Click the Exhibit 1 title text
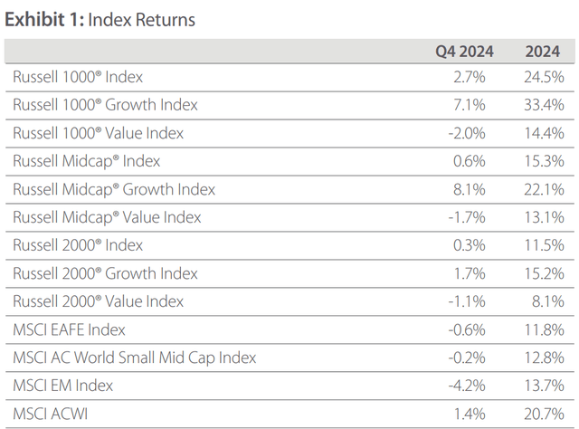100,19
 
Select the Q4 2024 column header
460,51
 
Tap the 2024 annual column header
542,51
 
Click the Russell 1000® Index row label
78,77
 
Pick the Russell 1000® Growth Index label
105,105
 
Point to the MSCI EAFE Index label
69,329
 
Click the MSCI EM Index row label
62,386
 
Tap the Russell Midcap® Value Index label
107,217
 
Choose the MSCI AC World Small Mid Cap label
134,357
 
